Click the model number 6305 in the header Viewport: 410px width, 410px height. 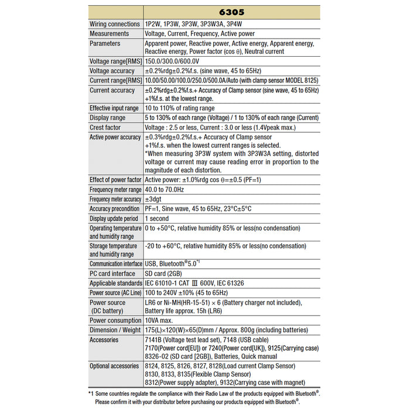tap(233, 11)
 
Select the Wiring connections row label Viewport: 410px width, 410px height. tap(115, 25)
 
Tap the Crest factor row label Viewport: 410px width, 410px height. tap(105, 127)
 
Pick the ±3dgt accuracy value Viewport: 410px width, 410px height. tap(155, 199)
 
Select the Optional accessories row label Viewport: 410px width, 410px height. tap(114, 366)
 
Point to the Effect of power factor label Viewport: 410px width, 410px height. tap(115, 180)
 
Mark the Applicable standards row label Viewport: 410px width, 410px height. tap(115, 283)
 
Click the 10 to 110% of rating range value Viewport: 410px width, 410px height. tap(179, 108)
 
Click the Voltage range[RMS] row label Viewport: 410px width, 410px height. tap(115, 61)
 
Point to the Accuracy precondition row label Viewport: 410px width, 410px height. tap(114, 209)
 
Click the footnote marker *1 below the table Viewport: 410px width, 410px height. tap(91, 394)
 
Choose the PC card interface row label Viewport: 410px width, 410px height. tap(112, 274)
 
